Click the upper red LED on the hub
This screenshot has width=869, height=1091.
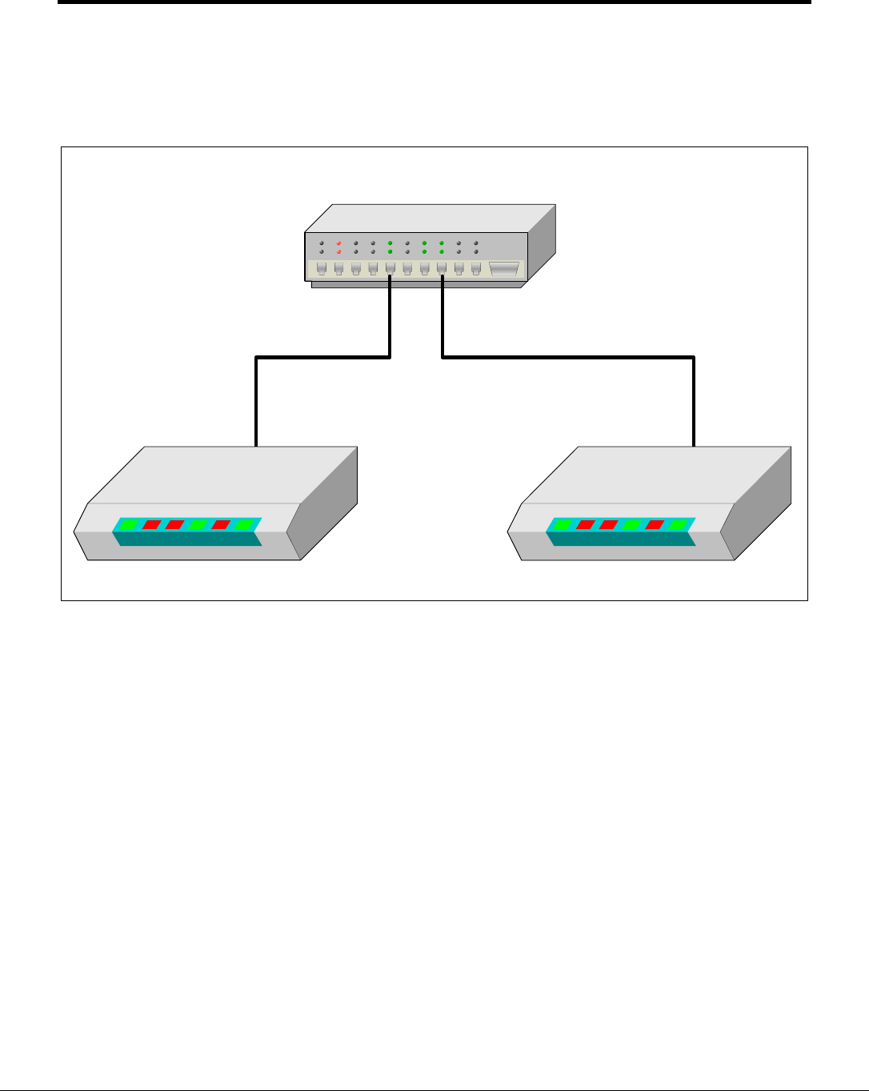[338, 243]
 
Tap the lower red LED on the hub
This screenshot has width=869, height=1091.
[338, 251]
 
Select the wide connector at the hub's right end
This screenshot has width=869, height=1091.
[503, 270]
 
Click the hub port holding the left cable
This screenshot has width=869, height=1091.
[390, 269]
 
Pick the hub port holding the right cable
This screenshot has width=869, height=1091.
[442, 269]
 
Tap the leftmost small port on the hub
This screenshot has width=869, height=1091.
[321, 269]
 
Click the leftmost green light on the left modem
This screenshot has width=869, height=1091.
[129, 525]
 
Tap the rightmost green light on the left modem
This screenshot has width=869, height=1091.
[244, 525]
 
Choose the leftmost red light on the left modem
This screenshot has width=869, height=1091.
[151, 525]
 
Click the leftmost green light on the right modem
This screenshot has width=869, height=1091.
[563, 525]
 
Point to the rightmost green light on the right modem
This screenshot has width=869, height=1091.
[678, 525]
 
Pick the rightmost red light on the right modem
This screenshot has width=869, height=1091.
[655, 525]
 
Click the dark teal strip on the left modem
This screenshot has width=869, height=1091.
[189, 539]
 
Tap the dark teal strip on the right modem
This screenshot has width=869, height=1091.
[623, 539]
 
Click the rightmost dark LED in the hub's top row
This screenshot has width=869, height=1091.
[476, 243]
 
